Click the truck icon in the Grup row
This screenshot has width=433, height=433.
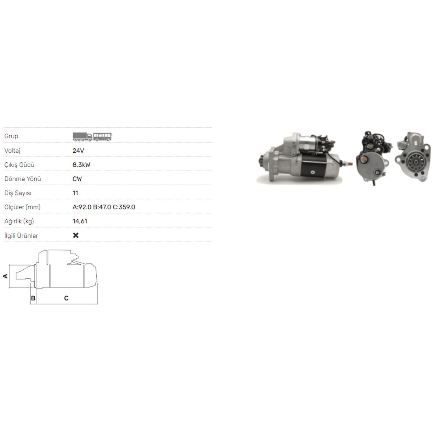83,137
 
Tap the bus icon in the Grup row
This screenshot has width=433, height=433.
103,137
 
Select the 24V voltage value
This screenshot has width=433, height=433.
78,151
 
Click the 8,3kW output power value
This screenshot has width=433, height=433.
81,165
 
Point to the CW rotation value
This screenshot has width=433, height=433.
77,179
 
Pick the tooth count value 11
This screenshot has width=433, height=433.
75,193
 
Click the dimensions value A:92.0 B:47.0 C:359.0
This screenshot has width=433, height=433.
104,207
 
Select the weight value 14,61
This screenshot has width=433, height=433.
80,221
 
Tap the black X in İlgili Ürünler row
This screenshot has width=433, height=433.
76,235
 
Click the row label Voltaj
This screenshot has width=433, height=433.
12,151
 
